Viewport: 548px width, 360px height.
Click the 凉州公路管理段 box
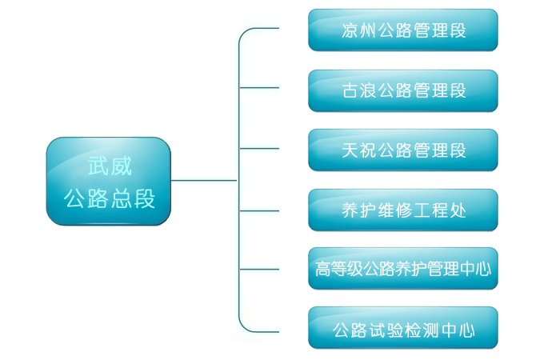[402, 30]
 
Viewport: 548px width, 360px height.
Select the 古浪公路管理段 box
[402, 90]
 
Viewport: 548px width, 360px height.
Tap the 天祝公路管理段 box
[402, 150]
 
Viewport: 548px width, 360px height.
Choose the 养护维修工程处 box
[402, 210]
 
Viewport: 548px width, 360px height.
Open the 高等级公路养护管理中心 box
[402, 270]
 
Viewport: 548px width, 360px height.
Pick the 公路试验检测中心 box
[402, 329]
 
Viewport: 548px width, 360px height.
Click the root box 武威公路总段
[109, 182]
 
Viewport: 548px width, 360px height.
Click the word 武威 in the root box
[109, 166]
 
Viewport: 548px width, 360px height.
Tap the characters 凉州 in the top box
[356, 31]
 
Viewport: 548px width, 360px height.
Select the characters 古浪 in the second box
[356, 90]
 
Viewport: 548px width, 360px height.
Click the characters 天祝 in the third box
[356, 150]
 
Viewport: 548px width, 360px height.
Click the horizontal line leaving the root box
[204, 180]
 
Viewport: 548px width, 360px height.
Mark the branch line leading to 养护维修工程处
[260, 210]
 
